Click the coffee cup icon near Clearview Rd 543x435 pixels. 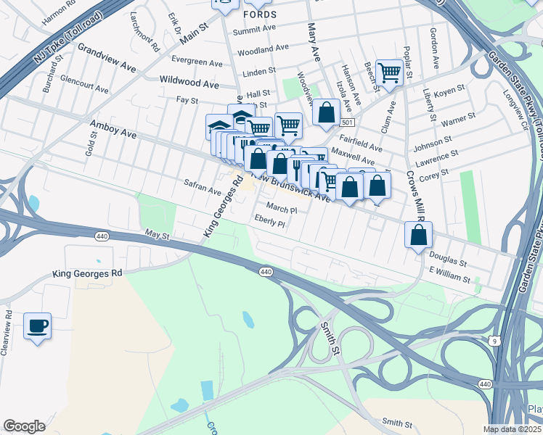tap(37, 326)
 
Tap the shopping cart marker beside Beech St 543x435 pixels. tap(389, 72)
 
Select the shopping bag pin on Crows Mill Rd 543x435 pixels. tap(418, 235)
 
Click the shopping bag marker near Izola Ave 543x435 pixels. tap(326, 112)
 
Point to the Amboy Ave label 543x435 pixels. tap(113, 129)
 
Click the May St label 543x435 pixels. tap(156, 235)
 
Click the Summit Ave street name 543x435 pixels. tap(254, 30)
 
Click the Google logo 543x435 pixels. tap(25, 426)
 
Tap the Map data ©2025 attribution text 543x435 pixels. tap(511, 429)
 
